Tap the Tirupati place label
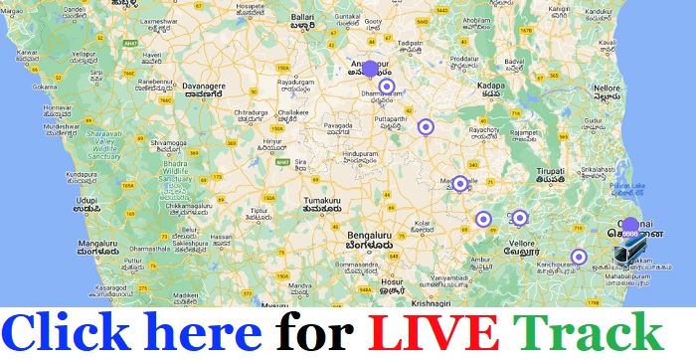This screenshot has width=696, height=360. tap(552, 170)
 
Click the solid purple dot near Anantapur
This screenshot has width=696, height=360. tap(370, 69)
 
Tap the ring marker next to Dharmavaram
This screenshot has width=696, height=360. tap(387, 86)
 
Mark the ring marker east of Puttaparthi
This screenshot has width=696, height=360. tap(426, 126)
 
